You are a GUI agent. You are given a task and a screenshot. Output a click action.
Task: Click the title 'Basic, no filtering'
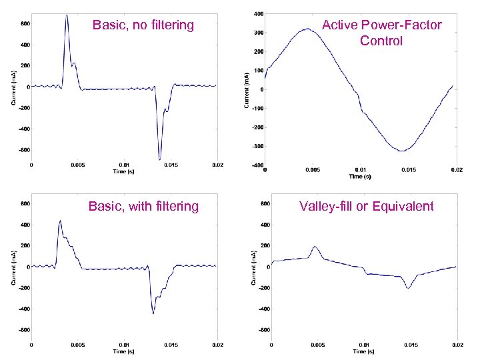tap(143, 25)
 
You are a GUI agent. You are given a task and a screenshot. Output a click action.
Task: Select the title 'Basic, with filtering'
tap(143, 206)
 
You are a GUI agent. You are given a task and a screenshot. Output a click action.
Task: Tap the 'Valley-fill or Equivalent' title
tap(367, 206)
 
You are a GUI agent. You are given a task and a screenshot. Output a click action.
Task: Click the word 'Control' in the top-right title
tap(381, 41)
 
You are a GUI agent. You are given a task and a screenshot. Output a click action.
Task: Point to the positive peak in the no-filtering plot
tap(67, 15)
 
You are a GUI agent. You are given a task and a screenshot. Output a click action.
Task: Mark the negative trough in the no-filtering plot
tap(159, 159)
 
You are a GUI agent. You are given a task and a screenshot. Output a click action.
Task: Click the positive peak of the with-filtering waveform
tap(60, 221)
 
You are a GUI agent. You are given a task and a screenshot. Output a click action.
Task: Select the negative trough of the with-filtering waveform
tap(153, 313)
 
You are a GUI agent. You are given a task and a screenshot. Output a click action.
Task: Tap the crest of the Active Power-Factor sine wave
tap(306, 29)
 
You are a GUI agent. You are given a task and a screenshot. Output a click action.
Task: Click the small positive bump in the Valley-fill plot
tap(315, 247)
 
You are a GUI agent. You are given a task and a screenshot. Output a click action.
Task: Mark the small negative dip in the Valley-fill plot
tap(409, 287)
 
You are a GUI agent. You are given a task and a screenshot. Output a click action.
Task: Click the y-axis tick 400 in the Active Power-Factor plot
tap(257, 13)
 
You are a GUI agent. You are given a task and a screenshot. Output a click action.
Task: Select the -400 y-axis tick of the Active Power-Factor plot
tap(256, 165)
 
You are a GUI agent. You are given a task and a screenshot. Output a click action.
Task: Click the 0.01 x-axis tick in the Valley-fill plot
tap(363, 345)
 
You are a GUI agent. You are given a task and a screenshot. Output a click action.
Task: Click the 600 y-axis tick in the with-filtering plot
tap(23, 204)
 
